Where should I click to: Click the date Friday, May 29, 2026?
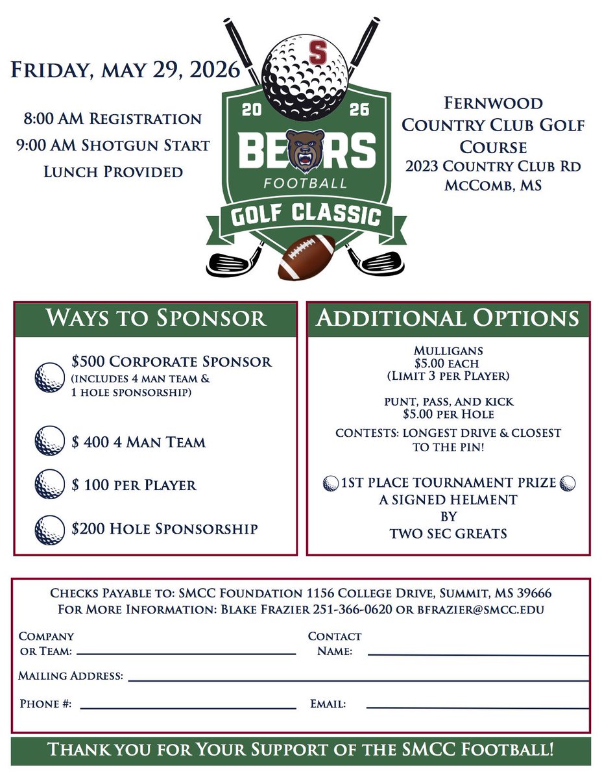(125, 69)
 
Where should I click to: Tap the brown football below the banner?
(307, 257)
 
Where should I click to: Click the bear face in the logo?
(307, 149)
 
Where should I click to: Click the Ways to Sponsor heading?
(156, 319)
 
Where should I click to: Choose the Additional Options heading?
(448, 319)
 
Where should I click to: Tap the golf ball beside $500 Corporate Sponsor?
(50, 377)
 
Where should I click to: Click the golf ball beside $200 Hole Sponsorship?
(50, 529)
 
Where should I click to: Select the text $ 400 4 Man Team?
(139, 443)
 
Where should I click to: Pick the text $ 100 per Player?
(134, 485)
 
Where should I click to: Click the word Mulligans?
(448, 351)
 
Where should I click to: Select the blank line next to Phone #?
(188, 708)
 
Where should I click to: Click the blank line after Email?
(477, 707)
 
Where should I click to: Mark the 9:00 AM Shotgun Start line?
(113, 145)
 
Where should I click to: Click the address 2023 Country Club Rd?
(493, 166)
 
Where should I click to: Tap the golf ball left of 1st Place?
(331, 483)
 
